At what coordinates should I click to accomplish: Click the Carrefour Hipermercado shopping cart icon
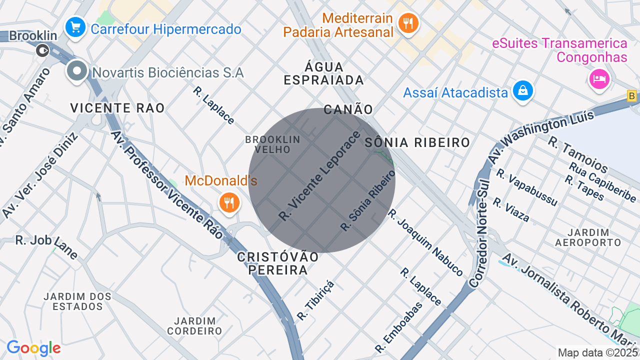point(75,27)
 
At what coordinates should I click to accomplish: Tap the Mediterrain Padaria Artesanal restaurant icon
point(408,23)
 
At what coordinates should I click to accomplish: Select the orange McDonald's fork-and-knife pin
point(229,202)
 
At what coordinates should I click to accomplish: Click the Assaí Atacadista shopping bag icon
point(522,90)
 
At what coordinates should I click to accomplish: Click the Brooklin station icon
point(43,50)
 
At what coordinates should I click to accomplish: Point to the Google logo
point(33,348)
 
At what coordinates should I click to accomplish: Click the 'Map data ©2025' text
point(598,352)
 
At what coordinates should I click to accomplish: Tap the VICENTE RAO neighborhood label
point(117,108)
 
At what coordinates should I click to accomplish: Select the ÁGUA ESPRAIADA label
point(323,73)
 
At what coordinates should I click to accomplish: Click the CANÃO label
point(348,109)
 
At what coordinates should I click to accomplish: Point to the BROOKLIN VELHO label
point(272,144)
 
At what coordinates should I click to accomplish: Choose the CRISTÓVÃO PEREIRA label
point(278,263)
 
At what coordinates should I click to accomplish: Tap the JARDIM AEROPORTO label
point(588,237)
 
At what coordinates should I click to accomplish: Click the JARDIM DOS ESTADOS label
point(77,301)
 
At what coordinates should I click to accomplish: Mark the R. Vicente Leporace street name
point(319,176)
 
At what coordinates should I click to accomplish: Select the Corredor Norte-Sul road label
point(479,234)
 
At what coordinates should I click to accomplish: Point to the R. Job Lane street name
point(46,246)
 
